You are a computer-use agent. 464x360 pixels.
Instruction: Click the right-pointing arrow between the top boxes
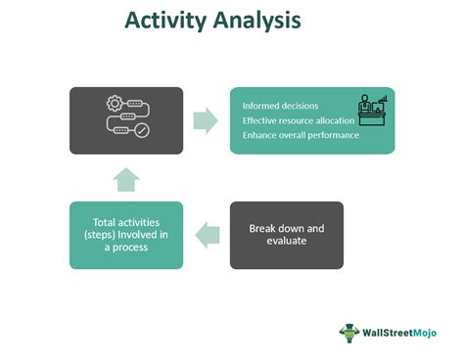(206, 120)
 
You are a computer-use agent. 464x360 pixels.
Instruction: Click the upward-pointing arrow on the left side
(126, 178)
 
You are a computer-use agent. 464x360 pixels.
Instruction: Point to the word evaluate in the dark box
(286, 243)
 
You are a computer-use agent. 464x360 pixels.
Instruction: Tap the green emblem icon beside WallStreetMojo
(349, 333)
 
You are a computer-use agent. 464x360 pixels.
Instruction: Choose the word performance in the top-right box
(333, 135)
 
